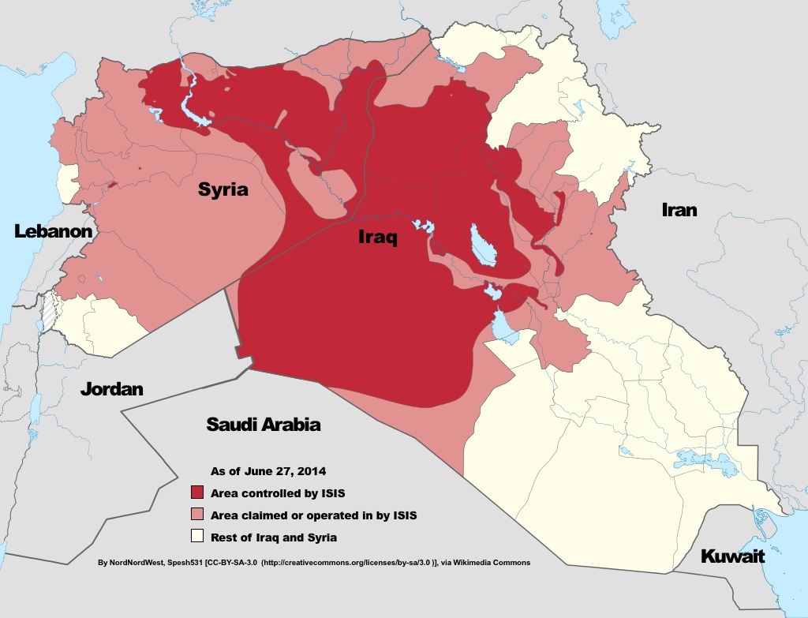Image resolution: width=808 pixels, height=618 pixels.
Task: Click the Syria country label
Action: coord(223,189)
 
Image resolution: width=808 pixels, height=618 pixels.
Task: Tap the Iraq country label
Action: coord(377,237)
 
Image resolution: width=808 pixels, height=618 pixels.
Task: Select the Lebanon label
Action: coord(53,231)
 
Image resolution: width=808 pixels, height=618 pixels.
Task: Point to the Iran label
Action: coord(679,209)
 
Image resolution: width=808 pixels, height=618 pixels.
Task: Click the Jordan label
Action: coord(111,389)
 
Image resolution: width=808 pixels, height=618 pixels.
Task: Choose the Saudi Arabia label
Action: coord(263,424)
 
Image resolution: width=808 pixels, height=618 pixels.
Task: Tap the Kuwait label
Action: coord(732,556)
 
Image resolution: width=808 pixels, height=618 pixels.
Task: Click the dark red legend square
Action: coord(197,493)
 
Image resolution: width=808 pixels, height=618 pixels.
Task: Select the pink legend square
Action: coord(197,515)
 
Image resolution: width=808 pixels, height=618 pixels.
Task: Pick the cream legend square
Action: coord(197,537)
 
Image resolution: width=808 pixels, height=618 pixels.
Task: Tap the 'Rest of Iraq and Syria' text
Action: coord(274,537)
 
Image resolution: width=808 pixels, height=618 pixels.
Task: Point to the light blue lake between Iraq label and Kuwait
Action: coord(503,327)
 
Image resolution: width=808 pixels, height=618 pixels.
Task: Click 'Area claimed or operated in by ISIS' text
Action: coord(313,515)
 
